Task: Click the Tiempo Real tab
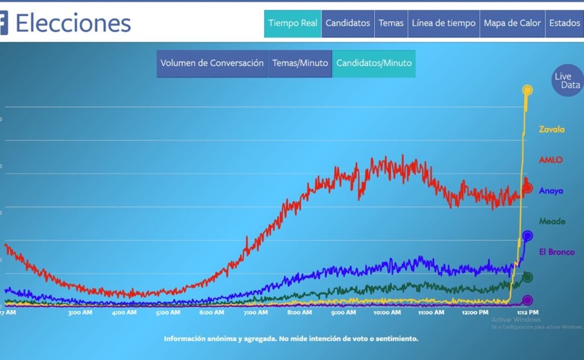click(293, 23)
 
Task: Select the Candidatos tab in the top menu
click(348, 23)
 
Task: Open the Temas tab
click(391, 23)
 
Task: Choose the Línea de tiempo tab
click(444, 23)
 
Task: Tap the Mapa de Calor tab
click(512, 23)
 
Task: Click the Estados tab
click(565, 23)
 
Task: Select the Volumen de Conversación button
click(212, 63)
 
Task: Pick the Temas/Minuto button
click(300, 63)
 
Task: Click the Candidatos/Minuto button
click(374, 63)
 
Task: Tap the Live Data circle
click(568, 81)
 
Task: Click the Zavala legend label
click(552, 129)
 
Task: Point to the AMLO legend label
click(551, 160)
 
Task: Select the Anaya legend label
click(551, 191)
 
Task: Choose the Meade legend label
click(552, 221)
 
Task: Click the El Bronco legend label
click(556, 252)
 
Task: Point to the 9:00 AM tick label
click(343, 312)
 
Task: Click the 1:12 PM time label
click(527, 312)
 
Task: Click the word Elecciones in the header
click(73, 23)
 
